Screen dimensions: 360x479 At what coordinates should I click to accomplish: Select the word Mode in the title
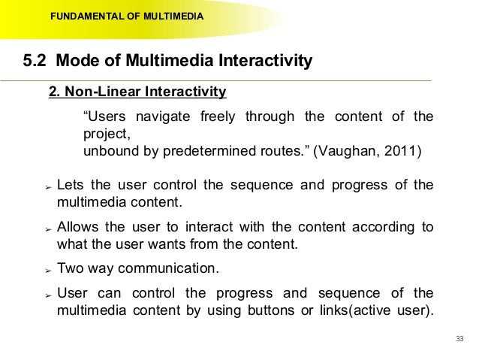(x=78, y=61)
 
